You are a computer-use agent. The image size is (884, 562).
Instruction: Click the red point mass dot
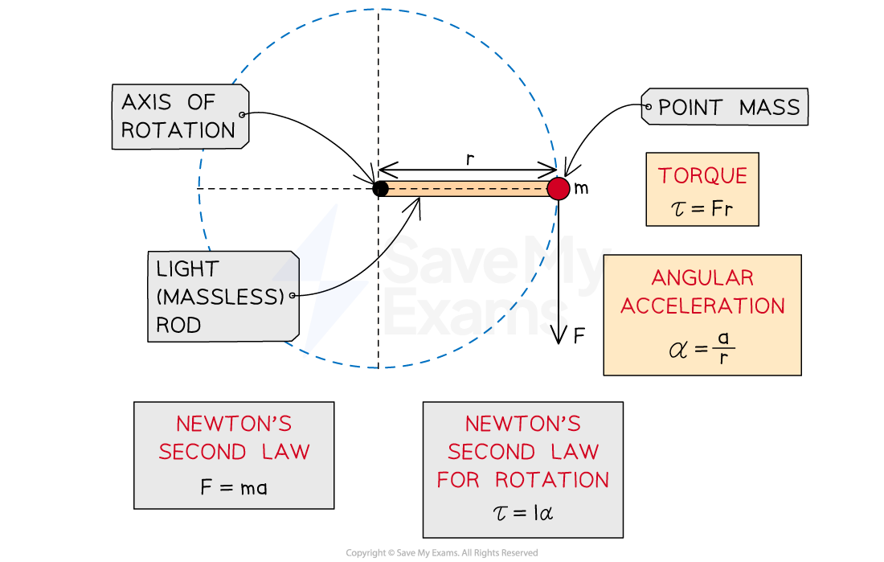[558, 188]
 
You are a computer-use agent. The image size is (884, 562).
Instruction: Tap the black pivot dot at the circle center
[381, 189]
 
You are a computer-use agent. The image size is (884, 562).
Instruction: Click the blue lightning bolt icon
[328, 281]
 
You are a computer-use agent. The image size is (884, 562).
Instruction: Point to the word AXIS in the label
[145, 102]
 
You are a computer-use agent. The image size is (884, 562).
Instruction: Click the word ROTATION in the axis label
[178, 130]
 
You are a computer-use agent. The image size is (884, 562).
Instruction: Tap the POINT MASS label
[728, 108]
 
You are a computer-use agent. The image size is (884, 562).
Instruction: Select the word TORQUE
[702, 176]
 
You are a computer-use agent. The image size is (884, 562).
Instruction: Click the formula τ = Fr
[702, 211]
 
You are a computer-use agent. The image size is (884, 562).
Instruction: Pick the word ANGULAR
[702, 278]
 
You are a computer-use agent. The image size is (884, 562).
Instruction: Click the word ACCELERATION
[702, 306]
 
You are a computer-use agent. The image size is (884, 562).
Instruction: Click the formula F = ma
[233, 487]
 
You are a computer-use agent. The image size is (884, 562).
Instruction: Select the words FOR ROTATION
[522, 480]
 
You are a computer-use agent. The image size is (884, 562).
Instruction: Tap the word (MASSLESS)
[220, 297]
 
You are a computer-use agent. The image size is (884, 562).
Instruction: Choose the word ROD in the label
[178, 325]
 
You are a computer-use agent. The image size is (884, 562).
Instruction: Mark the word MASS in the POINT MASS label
[770, 108]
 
